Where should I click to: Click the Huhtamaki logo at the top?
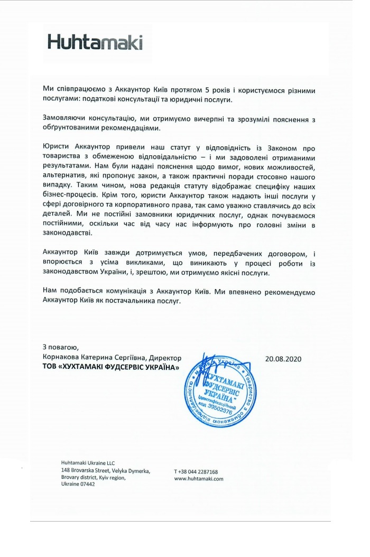point(95,42)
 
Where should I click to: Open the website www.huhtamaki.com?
point(199,478)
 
